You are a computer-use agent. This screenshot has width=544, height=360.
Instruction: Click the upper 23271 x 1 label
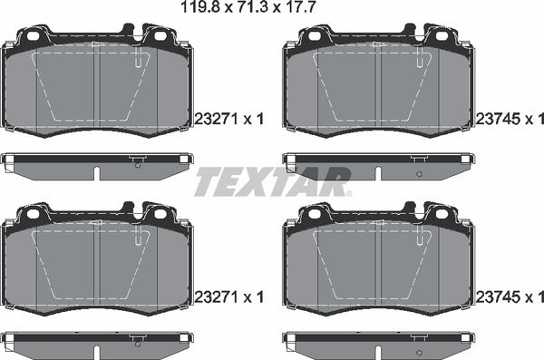click(228, 117)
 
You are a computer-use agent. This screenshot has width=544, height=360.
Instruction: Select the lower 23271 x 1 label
click(228, 296)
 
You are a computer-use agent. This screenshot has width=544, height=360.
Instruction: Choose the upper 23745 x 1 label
click(508, 117)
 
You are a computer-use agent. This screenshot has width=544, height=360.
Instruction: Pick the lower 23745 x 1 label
click(508, 296)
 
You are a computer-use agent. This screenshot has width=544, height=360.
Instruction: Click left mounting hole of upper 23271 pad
click(34, 38)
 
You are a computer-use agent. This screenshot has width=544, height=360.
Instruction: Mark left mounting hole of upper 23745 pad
click(315, 38)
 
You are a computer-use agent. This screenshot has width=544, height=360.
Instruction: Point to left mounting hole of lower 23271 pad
click(34, 215)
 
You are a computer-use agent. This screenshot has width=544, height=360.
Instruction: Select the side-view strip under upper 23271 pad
click(98, 162)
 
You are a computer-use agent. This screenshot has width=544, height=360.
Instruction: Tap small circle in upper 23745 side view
click(417, 172)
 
